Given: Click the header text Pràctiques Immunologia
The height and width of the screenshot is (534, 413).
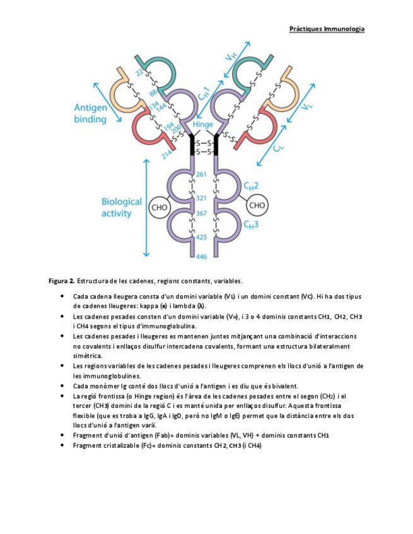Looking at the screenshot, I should coord(327,28).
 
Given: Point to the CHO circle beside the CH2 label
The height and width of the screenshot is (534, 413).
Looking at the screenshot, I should coord(257,205).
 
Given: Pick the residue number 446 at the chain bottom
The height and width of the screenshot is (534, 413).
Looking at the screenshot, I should coord(202,256).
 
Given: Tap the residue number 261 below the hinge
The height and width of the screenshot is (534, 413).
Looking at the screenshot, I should coord(202,174).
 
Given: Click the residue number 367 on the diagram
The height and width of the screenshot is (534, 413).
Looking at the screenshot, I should coord(202,214).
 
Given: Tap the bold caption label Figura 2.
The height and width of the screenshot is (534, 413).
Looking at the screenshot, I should coord(62,280).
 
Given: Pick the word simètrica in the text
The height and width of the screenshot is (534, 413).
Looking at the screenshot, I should coord(87,356).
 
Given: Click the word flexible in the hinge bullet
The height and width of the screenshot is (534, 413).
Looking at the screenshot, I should coord(84,416).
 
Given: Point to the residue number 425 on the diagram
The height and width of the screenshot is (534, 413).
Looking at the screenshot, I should coord(202,237).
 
